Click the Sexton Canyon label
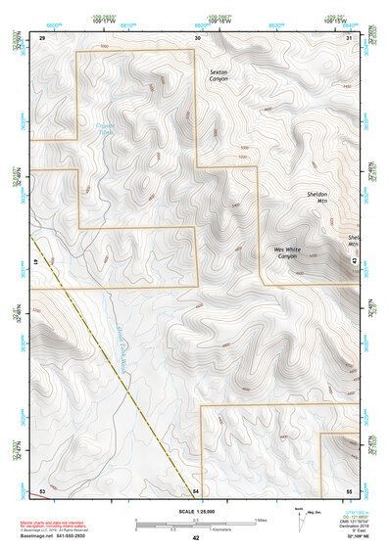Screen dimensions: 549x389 pyautogui.click(x=218, y=75)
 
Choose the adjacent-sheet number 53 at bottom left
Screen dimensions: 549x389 pyautogui.click(x=42, y=488)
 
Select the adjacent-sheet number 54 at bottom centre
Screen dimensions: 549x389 pyautogui.click(x=196, y=488)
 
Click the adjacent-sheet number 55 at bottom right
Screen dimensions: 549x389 pyautogui.click(x=349, y=488)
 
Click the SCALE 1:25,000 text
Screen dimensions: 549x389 pyautogui.click(x=194, y=511)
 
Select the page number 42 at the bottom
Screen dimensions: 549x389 pyautogui.click(x=195, y=538)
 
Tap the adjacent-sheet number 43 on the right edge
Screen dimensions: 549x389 pyautogui.click(x=355, y=259)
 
